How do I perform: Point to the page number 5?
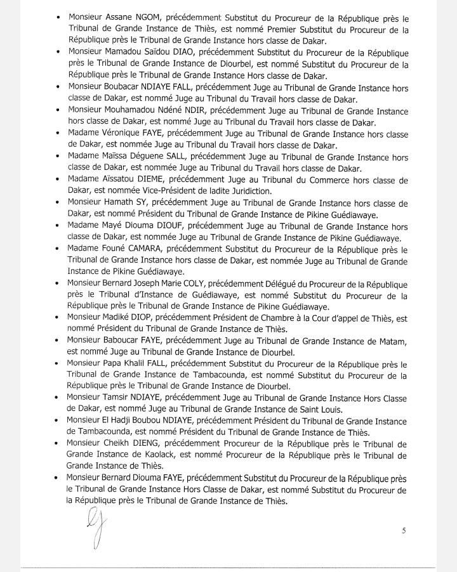pyautogui.click(x=403, y=531)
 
